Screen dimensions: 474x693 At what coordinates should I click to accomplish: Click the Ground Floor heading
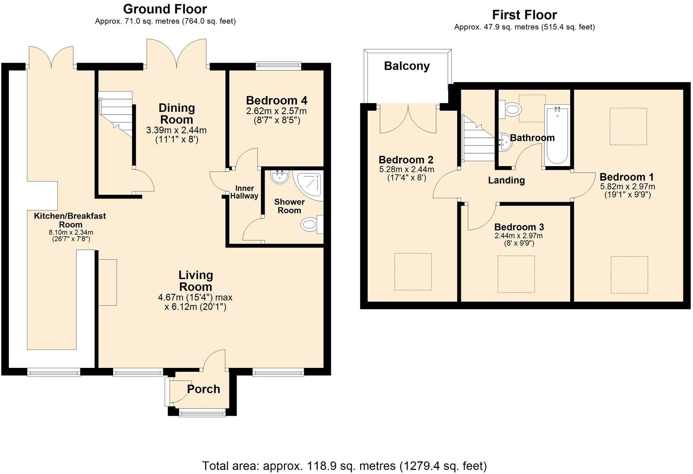[x=165, y=9]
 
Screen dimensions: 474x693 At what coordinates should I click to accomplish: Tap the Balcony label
[x=407, y=66]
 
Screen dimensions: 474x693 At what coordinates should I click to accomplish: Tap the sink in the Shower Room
[x=279, y=177]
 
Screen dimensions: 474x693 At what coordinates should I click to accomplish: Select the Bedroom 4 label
[x=276, y=100]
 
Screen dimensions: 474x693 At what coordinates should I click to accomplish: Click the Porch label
[x=203, y=389]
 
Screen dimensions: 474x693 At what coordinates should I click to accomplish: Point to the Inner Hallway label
[x=244, y=192]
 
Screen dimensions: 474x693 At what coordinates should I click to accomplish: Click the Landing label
[x=506, y=180]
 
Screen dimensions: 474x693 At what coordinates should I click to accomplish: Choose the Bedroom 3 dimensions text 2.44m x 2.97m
[x=519, y=236]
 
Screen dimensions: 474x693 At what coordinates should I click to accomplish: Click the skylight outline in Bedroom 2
[x=413, y=271]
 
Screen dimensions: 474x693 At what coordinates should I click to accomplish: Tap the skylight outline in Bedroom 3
[x=516, y=274]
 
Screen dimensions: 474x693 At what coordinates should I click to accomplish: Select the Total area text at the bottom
[x=344, y=466]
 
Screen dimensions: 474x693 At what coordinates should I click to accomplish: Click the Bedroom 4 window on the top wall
[x=278, y=66]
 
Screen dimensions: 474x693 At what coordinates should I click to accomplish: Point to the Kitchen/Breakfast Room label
[x=70, y=220]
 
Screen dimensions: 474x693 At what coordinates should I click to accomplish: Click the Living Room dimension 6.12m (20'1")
[x=195, y=307]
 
